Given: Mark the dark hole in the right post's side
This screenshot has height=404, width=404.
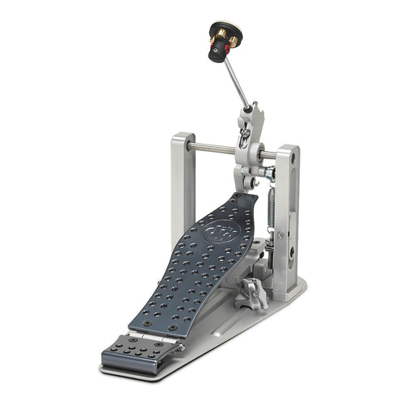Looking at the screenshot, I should (x=291, y=252).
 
